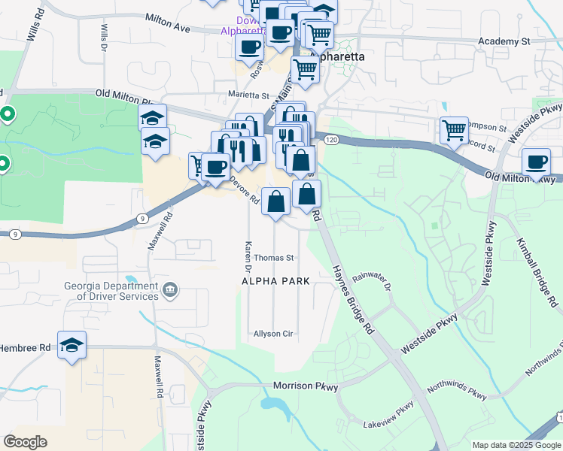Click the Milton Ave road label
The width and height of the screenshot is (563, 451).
click(x=165, y=26)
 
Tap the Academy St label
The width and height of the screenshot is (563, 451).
click(x=504, y=41)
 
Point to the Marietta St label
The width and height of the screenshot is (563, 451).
click(x=248, y=96)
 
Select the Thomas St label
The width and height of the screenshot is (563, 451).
click(x=273, y=257)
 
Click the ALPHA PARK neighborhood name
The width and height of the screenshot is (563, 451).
click(x=275, y=281)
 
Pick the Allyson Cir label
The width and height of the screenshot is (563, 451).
click(x=272, y=333)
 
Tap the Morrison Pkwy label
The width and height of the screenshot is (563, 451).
click(x=306, y=386)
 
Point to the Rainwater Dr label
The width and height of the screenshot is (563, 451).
click(x=373, y=281)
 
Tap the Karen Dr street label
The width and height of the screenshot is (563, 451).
click(x=247, y=256)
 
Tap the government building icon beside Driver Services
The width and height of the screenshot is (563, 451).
click(x=170, y=289)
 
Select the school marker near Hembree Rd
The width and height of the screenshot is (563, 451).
click(x=72, y=346)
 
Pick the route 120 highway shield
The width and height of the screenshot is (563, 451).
click(x=332, y=140)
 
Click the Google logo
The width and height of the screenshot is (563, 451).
click(x=26, y=442)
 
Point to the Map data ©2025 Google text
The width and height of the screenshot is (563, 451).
click(x=516, y=445)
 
